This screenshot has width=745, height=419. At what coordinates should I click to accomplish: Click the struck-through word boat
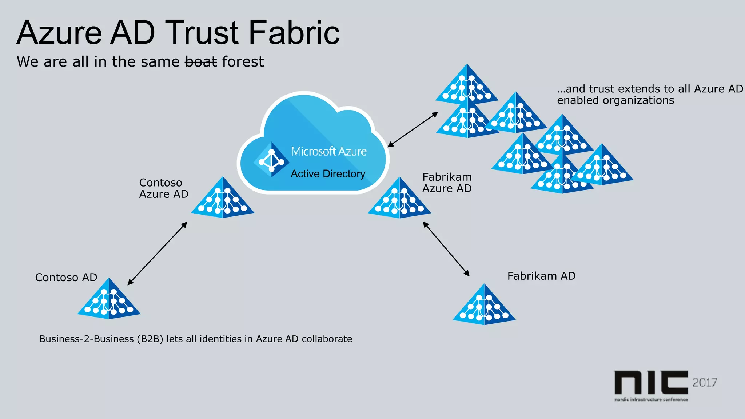coord(201,62)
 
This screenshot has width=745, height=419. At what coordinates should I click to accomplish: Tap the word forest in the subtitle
coord(243,62)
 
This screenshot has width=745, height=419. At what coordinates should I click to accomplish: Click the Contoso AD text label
coord(66,278)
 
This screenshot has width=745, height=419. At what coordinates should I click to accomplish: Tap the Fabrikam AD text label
coord(541,276)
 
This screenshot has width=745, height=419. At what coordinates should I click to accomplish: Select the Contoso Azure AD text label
coord(163,188)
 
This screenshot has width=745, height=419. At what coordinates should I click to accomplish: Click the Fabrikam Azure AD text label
coord(447,183)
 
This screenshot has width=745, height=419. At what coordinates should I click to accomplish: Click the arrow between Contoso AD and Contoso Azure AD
coord(158,253)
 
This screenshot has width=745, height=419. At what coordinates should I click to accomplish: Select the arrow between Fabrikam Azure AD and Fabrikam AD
coord(446,249)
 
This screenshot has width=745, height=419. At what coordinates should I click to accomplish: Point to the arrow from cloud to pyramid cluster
coord(413,129)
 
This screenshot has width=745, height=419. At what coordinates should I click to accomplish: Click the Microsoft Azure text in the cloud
coord(328,151)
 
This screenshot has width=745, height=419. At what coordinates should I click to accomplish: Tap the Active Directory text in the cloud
coord(328,174)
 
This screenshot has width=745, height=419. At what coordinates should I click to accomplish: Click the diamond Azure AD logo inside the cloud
coord(271,160)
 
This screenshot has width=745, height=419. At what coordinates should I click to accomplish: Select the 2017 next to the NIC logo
coord(705,383)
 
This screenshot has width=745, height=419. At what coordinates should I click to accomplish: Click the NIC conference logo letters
coord(651,383)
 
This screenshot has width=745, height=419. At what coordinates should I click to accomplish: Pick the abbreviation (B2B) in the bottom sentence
coord(150,339)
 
